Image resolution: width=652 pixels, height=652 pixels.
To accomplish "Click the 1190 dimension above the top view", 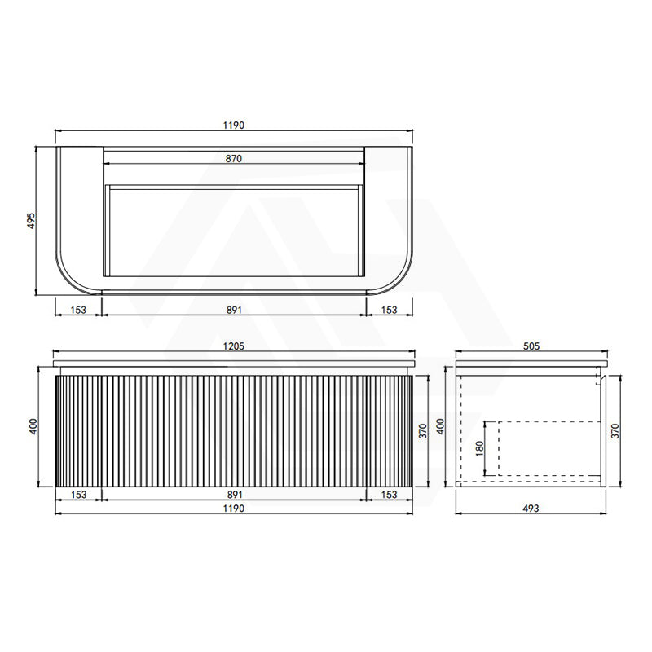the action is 234,126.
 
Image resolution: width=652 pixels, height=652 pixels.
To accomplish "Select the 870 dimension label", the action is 234,158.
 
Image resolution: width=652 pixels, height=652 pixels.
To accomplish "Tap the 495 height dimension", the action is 32,221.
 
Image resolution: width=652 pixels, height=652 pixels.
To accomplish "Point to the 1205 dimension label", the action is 234,346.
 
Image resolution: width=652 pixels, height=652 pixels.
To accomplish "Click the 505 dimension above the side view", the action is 531,346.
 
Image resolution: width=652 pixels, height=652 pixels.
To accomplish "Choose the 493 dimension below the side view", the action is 531,508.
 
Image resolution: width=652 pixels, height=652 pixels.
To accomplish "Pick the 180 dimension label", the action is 479,448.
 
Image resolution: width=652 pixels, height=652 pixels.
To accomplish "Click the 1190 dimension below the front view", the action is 234,508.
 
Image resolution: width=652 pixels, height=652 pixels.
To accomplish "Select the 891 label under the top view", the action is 234,310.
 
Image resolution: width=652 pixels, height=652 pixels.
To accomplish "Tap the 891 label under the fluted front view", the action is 235,495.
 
